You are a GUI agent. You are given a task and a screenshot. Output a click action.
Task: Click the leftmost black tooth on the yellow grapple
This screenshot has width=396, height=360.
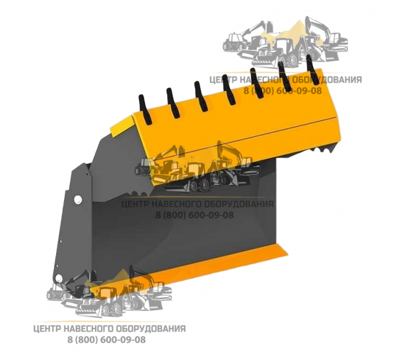[145, 110]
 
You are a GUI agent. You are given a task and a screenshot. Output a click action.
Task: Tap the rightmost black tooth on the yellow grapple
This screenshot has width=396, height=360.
[312, 69]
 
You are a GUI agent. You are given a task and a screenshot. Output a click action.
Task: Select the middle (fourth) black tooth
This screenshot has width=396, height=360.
[229, 89]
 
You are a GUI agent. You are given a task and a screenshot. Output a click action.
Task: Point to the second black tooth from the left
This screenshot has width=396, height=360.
[173, 103]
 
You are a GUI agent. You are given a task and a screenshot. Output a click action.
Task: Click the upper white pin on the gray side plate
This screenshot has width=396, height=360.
[78, 199]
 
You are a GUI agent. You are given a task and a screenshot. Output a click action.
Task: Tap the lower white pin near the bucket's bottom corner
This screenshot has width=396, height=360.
[59, 278]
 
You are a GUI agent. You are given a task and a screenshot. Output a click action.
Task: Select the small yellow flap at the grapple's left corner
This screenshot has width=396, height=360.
[121, 126]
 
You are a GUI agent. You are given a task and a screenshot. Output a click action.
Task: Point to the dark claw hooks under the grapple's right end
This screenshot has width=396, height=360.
[321, 149]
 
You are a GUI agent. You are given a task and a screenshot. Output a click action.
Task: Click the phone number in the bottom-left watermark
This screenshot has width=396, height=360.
[106, 340]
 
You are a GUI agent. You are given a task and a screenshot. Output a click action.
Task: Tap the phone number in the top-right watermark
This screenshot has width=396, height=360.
[282, 90]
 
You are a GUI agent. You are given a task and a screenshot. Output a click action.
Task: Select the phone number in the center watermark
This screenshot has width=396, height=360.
[195, 215]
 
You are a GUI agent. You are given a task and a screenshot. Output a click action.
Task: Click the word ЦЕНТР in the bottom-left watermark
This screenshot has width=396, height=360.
[47, 329]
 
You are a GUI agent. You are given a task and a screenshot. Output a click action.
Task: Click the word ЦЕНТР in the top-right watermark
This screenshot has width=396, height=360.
[223, 80]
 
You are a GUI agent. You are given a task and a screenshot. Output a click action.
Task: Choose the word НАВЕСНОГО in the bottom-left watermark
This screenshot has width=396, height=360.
[87, 329]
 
